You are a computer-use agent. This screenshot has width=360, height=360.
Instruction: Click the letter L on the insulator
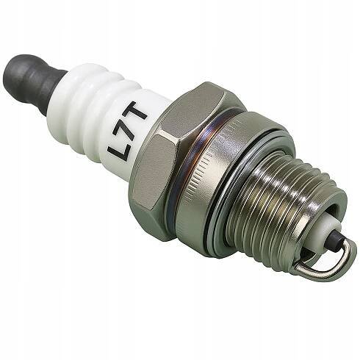pos(117,150)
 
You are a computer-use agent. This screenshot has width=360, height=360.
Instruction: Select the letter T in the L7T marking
pos(135,110)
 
